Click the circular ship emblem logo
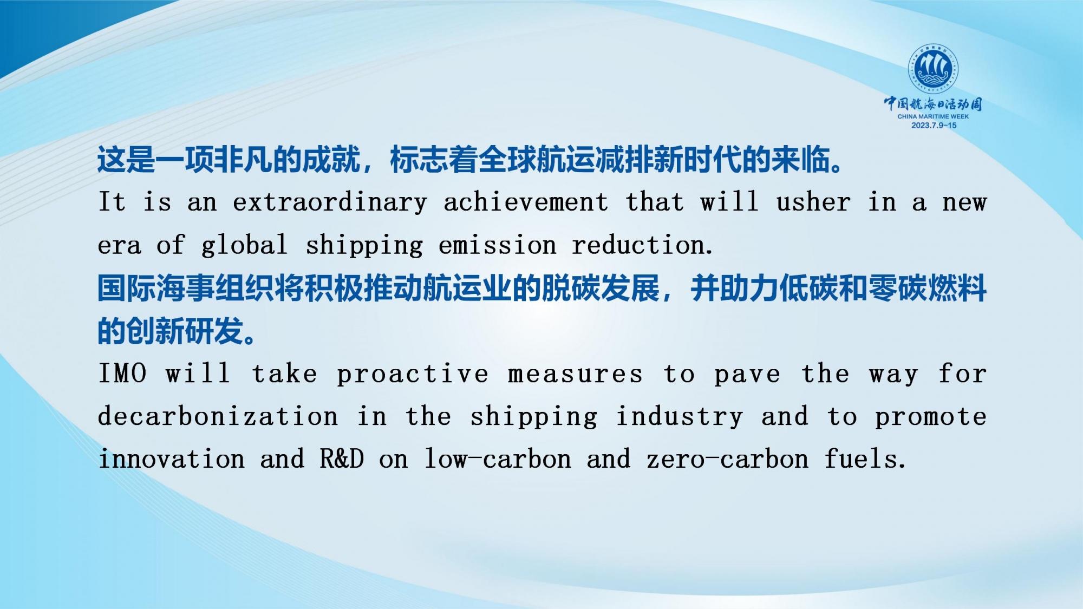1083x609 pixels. pyautogui.click(x=933, y=69)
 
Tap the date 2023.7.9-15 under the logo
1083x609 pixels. pyautogui.click(x=934, y=125)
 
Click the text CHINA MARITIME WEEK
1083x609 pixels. pyautogui.click(x=933, y=116)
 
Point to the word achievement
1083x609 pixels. pyautogui.click(x=526, y=202)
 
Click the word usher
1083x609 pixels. pyautogui.click(x=813, y=202)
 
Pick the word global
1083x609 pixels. pyautogui.click(x=244, y=246)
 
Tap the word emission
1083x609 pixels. pyautogui.click(x=497, y=245)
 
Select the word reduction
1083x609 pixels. pyautogui.click(x=643, y=245)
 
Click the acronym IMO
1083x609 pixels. pyautogui.click(x=122, y=374)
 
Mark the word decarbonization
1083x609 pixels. pyautogui.click(x=218, y=416)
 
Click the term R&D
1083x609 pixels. pyautogui.click(x=342, y=459)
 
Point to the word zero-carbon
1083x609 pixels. pyautogui.click(x=727, y=460)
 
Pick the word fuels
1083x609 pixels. pyautogui.click(x=865, y=459)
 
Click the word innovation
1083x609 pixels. pyautogui.click(x=171, y=459)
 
